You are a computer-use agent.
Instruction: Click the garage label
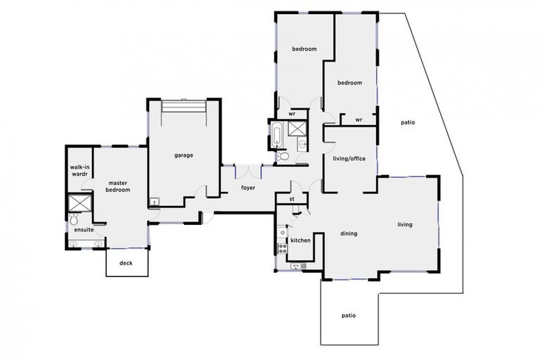[184, 155]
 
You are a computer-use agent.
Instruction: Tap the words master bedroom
[118, 186]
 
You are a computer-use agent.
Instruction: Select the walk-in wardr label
[78, 171]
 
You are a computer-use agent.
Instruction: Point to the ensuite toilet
[75, 217]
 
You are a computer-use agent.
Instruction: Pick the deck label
[126, 264]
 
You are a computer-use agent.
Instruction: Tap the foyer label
[248, 188]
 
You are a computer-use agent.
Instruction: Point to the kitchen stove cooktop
[281, 246]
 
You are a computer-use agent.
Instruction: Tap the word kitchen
[301, 240]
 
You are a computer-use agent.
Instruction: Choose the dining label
[349, 233]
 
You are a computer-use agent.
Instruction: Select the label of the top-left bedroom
[304, 49]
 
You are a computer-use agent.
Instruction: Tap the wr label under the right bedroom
[358, 120]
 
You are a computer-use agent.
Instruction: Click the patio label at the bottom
[348, 316]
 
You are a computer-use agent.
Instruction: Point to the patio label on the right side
[408, 122]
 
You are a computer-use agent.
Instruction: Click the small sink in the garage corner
[155, 202]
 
